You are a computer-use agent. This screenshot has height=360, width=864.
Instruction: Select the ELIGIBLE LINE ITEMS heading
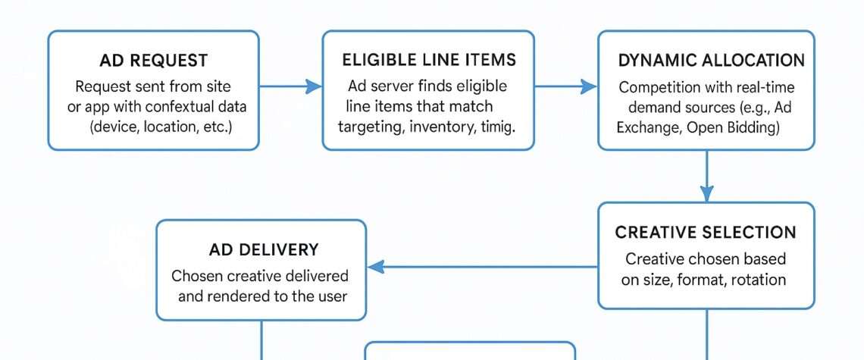coord(428,60)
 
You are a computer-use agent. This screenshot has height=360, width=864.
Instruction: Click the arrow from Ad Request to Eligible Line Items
coord(290,88)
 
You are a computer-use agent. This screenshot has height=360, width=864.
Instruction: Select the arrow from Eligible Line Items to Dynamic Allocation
coord(565,88)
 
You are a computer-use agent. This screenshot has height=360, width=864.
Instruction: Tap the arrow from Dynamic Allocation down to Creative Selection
coord(706,176)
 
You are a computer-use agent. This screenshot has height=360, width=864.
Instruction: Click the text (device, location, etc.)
coord(161,125)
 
